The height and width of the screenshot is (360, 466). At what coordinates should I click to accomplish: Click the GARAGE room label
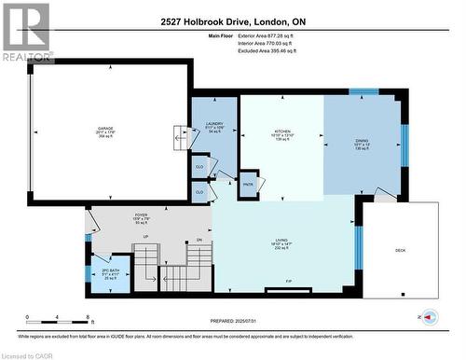coord(105,128)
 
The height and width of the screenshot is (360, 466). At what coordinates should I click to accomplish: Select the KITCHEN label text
coord(282,132)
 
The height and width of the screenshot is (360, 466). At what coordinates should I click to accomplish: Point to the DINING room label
coord(362,142)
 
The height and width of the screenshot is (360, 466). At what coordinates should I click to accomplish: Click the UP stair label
coord(145,237)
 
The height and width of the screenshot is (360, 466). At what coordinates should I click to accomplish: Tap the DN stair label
coord(199,240)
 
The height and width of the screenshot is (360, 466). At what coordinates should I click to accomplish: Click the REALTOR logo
coord(25,32)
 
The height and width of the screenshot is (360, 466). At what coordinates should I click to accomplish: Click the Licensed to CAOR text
coord(28,353)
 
